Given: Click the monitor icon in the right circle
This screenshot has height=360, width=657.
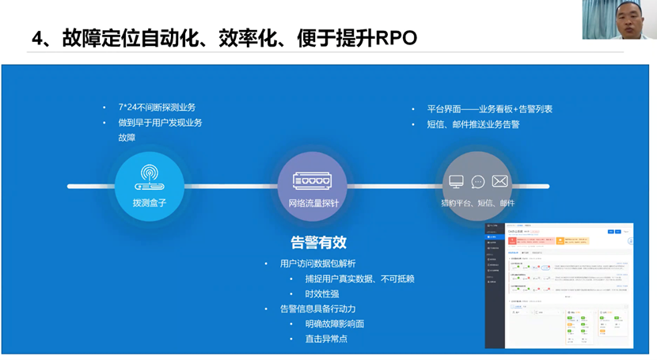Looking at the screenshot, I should pos(456,182).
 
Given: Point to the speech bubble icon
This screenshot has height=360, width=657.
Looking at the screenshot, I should pos(478,182).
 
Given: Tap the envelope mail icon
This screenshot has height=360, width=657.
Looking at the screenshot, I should pos(499,181).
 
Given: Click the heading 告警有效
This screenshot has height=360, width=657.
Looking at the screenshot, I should pos(318,242).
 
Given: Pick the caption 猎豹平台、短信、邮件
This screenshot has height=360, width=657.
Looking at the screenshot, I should pos(477,203).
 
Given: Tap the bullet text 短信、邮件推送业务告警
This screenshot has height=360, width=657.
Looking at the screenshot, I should pos(473,124).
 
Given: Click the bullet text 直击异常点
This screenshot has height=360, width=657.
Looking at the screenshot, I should pos(326,339).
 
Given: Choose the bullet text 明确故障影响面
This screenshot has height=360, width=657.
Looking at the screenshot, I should pos(334,324).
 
